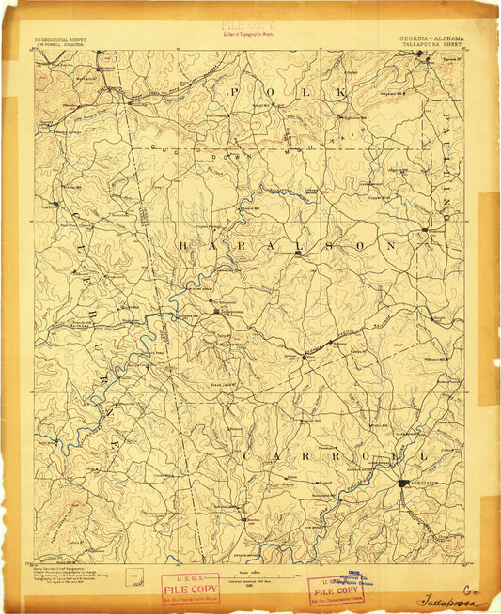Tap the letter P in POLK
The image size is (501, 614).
click(235, 92)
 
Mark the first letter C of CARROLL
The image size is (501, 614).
click(246, 456)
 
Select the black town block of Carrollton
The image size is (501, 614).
click(404, 483)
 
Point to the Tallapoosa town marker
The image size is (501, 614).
click(216, 311)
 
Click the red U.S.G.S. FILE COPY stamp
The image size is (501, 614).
click(191, 590)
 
